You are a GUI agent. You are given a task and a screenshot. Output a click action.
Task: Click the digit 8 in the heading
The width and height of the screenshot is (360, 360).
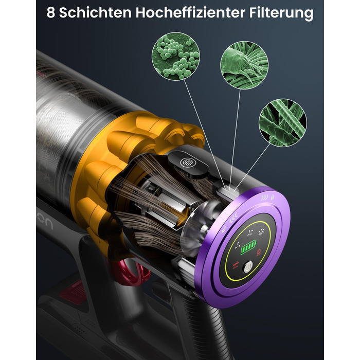click(x=51, y=12)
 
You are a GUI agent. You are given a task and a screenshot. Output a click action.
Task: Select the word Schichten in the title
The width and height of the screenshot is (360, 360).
click(x=95, y=12)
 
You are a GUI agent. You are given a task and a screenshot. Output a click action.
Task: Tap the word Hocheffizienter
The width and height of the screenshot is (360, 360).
click(x=190, y=12)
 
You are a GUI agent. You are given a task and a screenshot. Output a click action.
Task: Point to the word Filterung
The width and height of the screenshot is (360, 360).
click(x=281, y=13)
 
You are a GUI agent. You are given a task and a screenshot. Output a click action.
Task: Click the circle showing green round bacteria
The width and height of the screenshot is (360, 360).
click(x=176, y=56)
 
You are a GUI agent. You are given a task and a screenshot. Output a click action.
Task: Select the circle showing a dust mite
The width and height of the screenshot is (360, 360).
click(x=244, y=65)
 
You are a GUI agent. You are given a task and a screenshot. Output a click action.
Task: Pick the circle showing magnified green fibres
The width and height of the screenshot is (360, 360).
click(x=283, y=122)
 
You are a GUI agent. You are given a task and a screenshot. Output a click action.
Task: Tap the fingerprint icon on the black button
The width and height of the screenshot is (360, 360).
click(x=188, y=163)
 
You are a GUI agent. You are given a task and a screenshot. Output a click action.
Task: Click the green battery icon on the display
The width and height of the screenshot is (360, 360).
click(x=248, y=247)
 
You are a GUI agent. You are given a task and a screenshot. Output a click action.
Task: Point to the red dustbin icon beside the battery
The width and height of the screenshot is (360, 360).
click(x=259, y=252)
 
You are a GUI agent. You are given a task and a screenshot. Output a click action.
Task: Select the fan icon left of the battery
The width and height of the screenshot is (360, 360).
click(x=238, y=246)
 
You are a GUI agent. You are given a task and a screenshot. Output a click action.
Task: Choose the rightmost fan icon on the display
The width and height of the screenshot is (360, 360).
click(x=261, y=232)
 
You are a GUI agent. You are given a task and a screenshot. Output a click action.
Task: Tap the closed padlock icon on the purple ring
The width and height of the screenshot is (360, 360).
click(x=273, y=197)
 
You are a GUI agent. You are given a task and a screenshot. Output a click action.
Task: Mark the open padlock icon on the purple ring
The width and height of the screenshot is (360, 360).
click(x=224, y=229)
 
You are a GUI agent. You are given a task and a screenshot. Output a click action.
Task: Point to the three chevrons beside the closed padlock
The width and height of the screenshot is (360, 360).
click(x=265, y=197)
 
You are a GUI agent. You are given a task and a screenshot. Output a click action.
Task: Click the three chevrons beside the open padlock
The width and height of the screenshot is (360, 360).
click(x=233, y=219)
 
